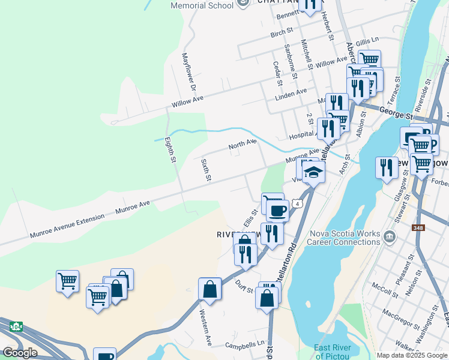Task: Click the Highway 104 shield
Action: pyautogui.click(x=16, y=327)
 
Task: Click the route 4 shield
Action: pyautogui.click(x=297, y=204)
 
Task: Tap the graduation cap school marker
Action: pyautogui.click(x=313, y=173)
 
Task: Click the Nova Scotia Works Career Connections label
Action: pyautogui.click(x=344, y=238)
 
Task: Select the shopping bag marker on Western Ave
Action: pyautogui.click(x=210, y=289)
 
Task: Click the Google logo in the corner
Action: pyautogui.click(x=20, y=353)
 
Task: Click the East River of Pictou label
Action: pyautogui.click(x=333, y=352)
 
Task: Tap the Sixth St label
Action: pyautogui.click(x=206, y=170)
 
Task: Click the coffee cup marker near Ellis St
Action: pyautogui.click(x=277, y=210)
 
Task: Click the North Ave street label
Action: pyautogui.click(x=243, y=145)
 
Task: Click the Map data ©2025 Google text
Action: pyautogui.click(x=411, y=355)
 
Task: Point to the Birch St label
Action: pyautogui.click(x=282, y=30)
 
